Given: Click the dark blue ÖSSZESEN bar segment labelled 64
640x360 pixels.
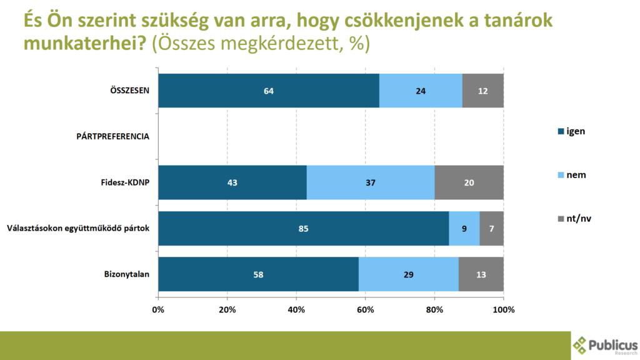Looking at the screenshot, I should [x=269, y=91].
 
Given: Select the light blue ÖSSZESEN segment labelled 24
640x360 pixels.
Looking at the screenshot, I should [x=421, y=91].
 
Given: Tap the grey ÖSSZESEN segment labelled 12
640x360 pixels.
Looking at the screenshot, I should [x=482, y=91].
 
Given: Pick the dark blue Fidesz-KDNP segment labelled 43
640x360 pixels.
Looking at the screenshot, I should [x=232, y=182].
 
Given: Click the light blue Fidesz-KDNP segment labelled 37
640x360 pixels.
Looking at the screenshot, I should [x=371, y=182].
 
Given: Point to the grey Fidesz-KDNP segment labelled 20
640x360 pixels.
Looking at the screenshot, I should [x=469, y=182].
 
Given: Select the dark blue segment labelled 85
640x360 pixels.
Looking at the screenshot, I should [x=303, y=229].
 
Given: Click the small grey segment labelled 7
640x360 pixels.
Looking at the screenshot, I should [x=491, y=229].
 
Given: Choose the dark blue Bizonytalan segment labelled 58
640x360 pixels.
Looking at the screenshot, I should [x=258, y=274].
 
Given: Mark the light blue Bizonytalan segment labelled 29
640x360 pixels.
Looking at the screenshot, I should [x=409, y=274].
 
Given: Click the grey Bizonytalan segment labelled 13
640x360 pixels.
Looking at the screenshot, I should [x=481, y=274].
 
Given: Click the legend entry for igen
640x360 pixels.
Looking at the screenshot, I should [x=571, y=131].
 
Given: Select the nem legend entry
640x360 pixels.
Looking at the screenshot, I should [x=571, y=176].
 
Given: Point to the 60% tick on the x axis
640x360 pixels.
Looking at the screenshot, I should [x=365, y=309].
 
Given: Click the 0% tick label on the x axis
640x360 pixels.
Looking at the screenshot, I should [x=158, y=309].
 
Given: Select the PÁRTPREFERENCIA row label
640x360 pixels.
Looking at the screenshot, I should [x=112, y=136].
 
